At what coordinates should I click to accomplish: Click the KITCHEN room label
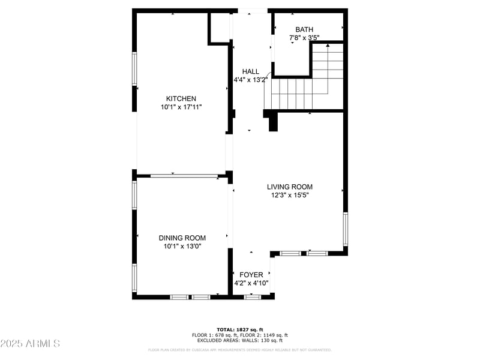(181, 98)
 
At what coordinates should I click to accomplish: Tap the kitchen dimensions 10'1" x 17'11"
(181, 107)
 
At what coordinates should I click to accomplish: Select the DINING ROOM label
(182, 238)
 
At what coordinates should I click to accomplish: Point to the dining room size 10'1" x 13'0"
(182, 246)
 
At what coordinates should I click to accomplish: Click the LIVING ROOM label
(289, 187)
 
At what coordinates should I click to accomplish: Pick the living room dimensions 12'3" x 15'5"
(289, 195)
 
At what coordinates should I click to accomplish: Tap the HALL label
(250, 71)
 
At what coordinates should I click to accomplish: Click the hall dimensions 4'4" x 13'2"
(250, 80)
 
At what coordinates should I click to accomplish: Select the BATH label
(304, 29)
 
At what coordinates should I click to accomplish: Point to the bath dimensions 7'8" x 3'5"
(304, 38)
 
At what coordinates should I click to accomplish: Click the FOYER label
(251, 274)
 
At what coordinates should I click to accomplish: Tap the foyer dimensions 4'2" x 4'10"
(251, 283)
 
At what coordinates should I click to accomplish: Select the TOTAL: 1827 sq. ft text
(240, 330)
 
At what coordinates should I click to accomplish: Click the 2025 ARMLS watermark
(30, 344)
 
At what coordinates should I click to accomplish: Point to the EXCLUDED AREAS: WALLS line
(240, 341)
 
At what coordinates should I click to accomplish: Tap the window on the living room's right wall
(345, 229)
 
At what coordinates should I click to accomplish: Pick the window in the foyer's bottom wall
(253, 296)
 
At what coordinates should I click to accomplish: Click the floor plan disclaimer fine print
(240, 350)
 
